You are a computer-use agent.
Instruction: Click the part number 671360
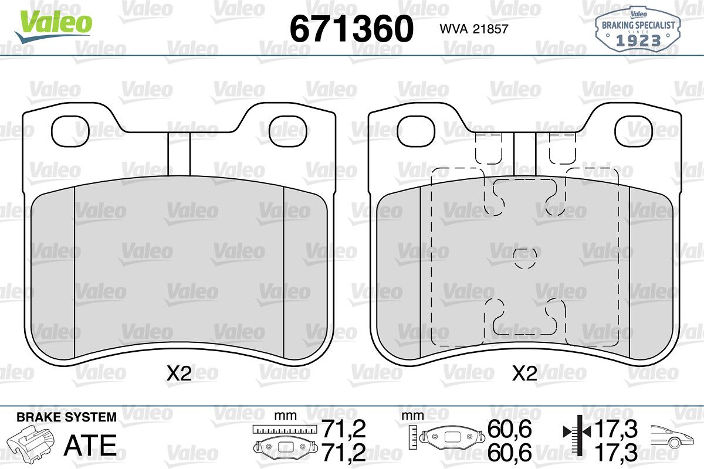pyautogui.click(x=351, y=29)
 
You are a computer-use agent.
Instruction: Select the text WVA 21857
pyautogui.click(x=474, y=29)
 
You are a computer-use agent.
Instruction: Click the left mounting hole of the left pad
pyautogui.click(x=70, y=131)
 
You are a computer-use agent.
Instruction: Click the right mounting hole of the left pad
pyautogui.click(x=288, y=131)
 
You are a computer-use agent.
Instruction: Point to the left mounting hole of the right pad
pyautogui.click(x=416, y=131)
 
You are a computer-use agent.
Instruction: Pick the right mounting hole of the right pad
pyautogui.click(x=634, y=131)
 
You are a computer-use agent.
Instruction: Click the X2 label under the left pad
pyautogui.click(x=179, y=374)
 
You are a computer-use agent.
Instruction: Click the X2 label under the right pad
pyautogui.click(x=524, y=374)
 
